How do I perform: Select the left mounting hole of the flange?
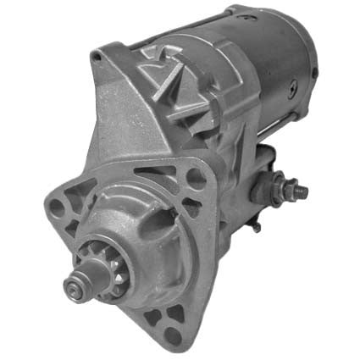pyautogui.click(x=57, y=208)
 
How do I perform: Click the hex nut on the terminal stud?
pyautogui.click(x=285, y=188)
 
